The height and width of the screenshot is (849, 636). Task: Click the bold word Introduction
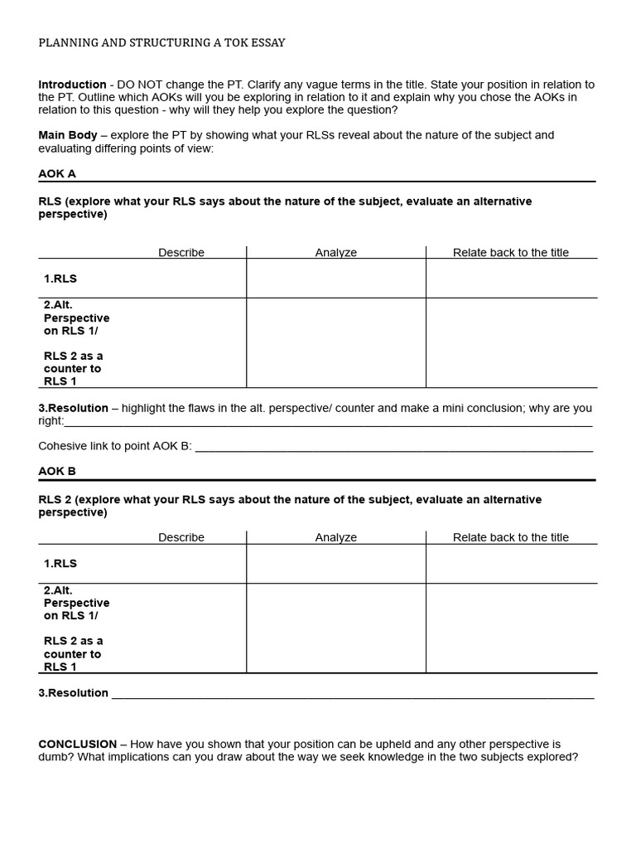tap(72, 85)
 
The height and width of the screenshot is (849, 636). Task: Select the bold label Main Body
tap(68, 135)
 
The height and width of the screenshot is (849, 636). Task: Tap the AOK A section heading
tap(57, 174)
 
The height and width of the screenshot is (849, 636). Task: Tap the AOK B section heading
tap(57, 471)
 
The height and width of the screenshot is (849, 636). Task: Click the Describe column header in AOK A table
tap(181, 253)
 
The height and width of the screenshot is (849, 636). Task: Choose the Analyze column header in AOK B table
tap(335, 537)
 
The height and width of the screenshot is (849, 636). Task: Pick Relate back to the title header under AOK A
tap(510, 253)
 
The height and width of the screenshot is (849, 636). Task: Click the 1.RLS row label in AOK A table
tap(60, 279)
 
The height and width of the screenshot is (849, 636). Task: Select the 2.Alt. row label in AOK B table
tap(58, 590)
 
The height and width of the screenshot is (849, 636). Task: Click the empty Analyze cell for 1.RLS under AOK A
tap(335, 279)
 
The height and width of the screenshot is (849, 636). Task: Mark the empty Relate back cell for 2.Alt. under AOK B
tap(510, 628)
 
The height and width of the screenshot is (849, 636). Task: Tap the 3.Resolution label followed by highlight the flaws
tap(74, 408)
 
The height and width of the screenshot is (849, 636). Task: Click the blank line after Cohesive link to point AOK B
tap(393, 447)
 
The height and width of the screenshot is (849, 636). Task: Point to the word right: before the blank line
tap(51, 421)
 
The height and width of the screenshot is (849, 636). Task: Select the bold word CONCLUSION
tap(78, 745)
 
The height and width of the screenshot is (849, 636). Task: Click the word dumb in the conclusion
tap(54, 757)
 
